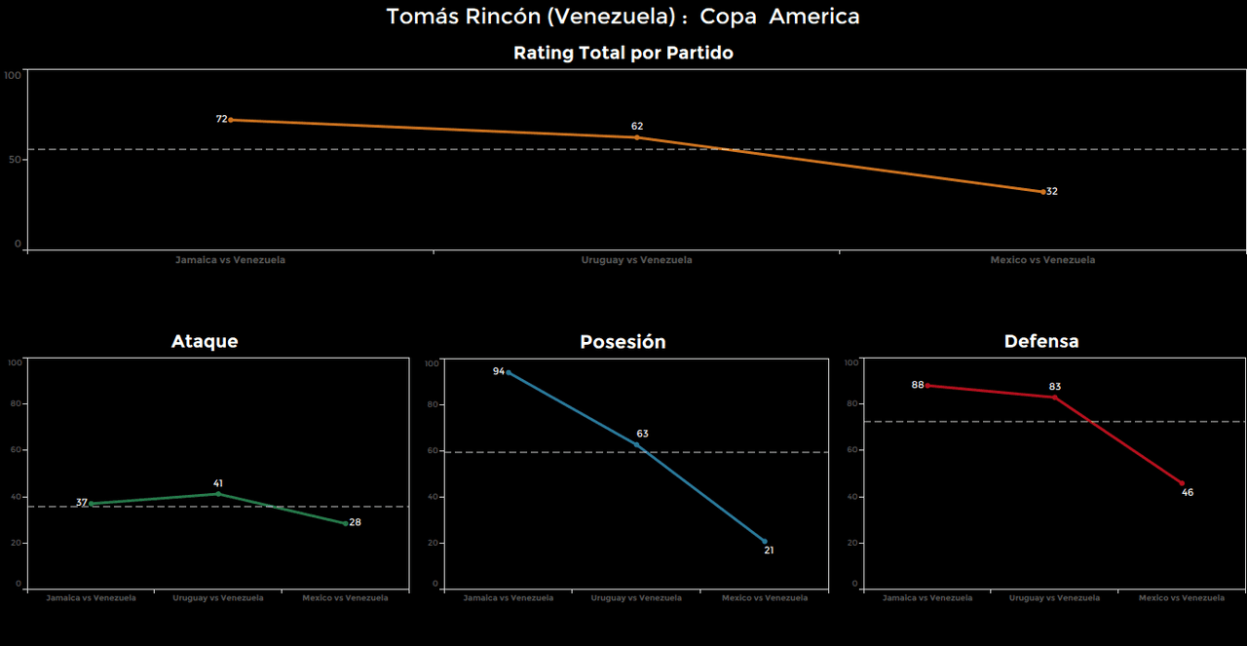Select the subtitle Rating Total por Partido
pyautogui.click(x=623, y=54)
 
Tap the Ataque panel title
pyautogui.click(x=205, y=341)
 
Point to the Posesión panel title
pyautogui.click(x=623, y=342)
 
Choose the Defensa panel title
pyautogui.click(x=1041, y=341)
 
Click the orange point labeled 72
pyautogui.click(x=231, y=120)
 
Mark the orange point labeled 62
pyautogui.click(x=637, y=137)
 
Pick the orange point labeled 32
pyautogui.click(x=1042, y=192)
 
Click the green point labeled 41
pyautogui.click(x=218, y=494)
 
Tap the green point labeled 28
pyautogui.click(x=345, y=523)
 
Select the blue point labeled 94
pyautogui.click(x=509, y=372)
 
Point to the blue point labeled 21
pyautogui.click(x=764, y=541)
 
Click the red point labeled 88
pyautogui.click(x=927, y=386)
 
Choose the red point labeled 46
pyautogui.click(x=1182, y=483)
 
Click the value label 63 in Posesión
pyautogui.click(x=642, y=434)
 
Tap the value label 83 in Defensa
pyautogui.click(x=1055, y=387)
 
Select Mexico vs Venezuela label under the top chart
pyautogui.click(x=1042, y=260)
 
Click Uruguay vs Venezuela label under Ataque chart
pyautogui.click(x=218, y=597)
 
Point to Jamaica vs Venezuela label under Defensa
pyautogui.click(x=927, y=597)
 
